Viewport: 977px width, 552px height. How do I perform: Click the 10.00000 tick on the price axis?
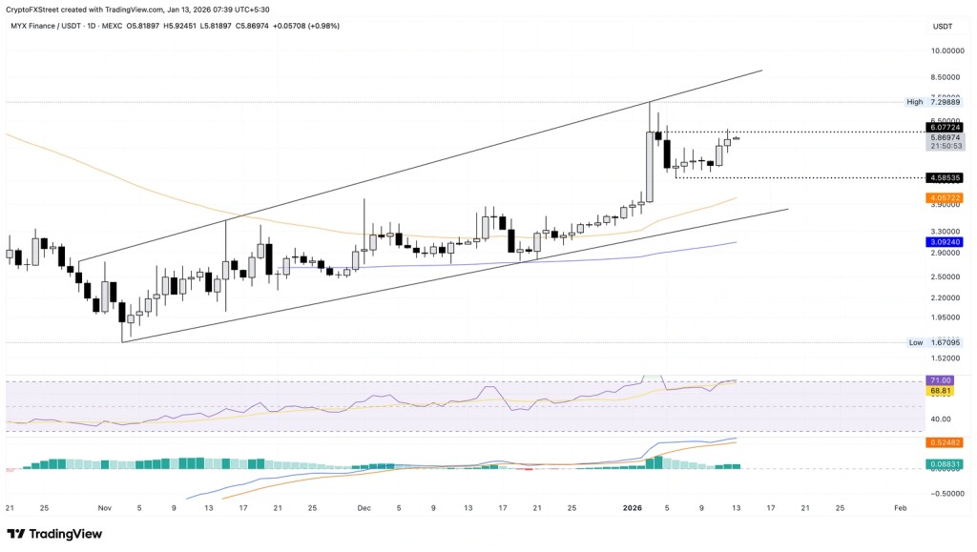947,51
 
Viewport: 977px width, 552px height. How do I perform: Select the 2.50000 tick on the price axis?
947,276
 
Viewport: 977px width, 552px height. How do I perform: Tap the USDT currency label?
943,26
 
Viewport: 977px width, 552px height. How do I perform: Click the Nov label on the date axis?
105,509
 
